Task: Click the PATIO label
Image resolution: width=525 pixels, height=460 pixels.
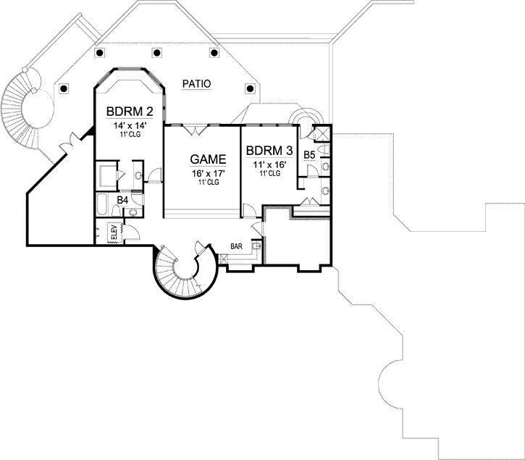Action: tap(196, 84)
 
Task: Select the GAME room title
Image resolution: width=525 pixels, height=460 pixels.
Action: tap(208, 159)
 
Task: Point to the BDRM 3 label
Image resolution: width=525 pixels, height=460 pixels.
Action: tap(269, 151)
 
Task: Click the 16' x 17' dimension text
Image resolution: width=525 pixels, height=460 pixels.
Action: tap(208, 173)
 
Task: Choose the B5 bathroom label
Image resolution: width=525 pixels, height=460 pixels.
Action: tap(308, 154)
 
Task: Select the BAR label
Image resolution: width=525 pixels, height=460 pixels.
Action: tap(236, 246)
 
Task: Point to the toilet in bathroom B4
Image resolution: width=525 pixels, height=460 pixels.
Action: tap(133, 212)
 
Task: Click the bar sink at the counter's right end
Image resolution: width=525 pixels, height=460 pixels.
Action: tap(256, 246)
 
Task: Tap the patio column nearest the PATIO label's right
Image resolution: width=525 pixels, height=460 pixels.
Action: tap(251, 88)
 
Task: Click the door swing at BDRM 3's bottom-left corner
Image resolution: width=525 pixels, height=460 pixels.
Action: tap(248, 209)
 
